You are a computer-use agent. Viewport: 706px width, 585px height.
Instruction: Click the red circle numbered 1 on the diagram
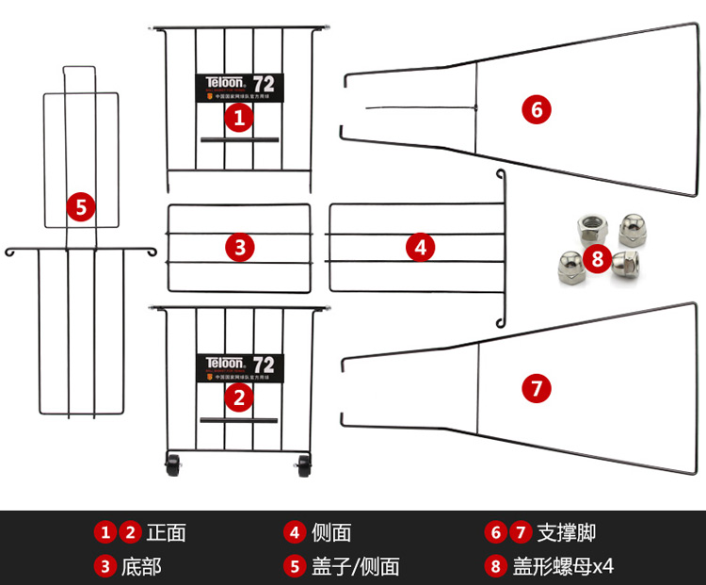(239, 118)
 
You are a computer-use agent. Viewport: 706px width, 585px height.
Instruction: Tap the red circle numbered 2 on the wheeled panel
(239, 397)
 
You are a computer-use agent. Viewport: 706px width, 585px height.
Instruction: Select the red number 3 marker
(240, 248)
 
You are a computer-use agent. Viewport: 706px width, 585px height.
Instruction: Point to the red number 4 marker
(420, 248)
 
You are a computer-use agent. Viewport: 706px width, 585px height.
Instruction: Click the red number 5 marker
(81, 207)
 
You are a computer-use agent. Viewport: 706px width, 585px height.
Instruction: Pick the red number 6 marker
(536, 109)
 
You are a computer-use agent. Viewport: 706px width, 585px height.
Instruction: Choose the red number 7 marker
(536, 388)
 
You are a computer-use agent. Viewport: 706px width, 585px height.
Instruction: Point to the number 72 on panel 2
(264, 364)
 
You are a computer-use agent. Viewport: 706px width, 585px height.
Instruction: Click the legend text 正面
(167, 532)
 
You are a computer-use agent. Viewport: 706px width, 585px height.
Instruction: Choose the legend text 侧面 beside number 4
(331, 532)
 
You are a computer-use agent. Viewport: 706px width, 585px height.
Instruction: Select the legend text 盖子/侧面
(356, 566)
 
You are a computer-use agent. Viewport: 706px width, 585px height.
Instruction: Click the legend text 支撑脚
(566, 532)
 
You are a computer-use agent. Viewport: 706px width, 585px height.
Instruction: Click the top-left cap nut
(590, 225)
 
